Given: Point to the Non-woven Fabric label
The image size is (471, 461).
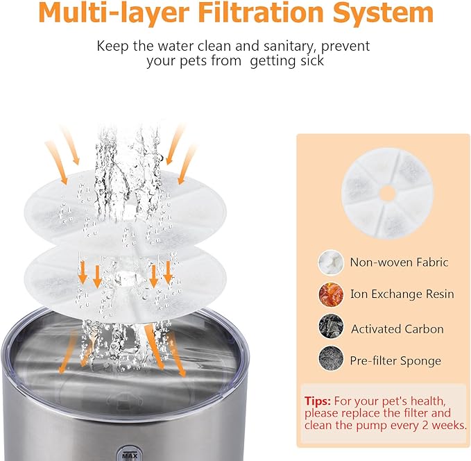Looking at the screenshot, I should tap(399, 262).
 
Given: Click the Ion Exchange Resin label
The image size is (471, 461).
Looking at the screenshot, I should tap(402, 294).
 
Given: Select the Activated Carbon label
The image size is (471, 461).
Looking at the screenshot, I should tap(397, 328).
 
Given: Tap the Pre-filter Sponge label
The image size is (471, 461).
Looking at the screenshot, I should tap(395, 361).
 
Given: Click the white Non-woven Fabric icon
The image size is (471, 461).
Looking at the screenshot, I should tap(330, 262).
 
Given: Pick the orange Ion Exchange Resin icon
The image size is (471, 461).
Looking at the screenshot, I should tap(330, 294).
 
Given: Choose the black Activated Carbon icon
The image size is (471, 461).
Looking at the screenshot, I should tap(330, 328).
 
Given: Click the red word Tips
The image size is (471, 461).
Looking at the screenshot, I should tap(318, 401).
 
